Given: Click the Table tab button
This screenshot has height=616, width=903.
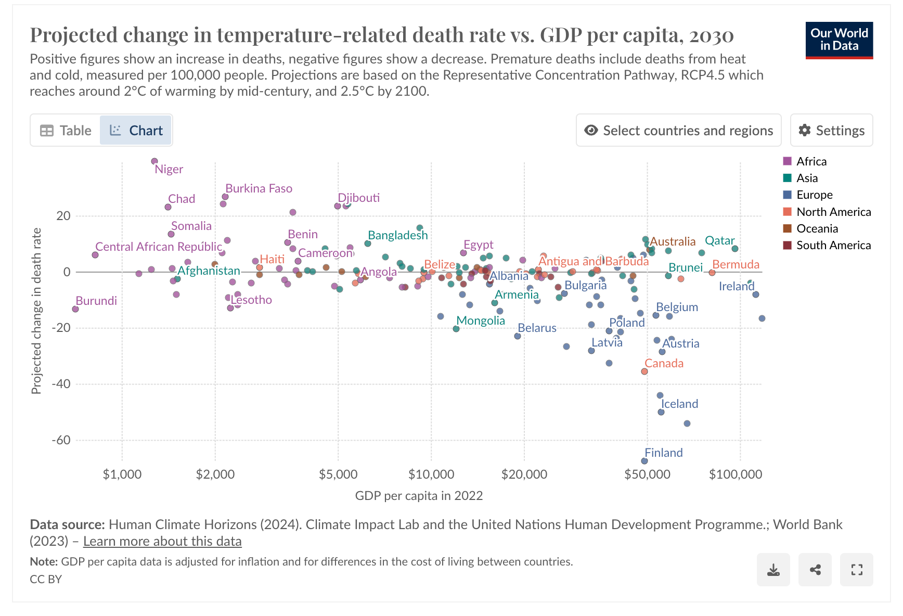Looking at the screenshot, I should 66,131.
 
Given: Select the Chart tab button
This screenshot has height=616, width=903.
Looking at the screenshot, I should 136,131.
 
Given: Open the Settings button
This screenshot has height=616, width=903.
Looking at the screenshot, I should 831,131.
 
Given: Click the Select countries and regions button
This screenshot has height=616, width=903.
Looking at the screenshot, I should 678,131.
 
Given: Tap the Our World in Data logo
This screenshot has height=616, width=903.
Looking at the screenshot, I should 839,40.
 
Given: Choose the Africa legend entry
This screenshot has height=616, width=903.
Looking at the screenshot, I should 811,161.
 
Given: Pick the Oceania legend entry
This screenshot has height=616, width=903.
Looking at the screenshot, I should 817,228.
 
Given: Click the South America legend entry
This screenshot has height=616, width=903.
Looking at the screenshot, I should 833,245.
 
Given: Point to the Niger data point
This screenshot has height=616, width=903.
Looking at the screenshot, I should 154,161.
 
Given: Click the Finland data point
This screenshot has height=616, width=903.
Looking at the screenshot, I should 644,461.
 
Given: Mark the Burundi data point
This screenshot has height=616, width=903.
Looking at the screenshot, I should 75,309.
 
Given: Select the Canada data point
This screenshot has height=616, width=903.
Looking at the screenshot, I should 644,371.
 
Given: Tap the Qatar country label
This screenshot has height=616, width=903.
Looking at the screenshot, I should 719,240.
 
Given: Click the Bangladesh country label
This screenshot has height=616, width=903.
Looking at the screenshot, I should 397,235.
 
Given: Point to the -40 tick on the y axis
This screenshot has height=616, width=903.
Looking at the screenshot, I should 61,384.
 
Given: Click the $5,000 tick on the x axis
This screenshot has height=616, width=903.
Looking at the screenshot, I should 338,474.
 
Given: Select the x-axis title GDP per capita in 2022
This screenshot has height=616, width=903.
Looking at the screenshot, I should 419,495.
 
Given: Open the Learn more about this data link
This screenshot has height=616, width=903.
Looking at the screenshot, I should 162,541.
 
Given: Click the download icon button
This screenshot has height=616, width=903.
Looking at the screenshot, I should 773,570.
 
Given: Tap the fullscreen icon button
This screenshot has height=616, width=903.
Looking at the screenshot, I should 857,570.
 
